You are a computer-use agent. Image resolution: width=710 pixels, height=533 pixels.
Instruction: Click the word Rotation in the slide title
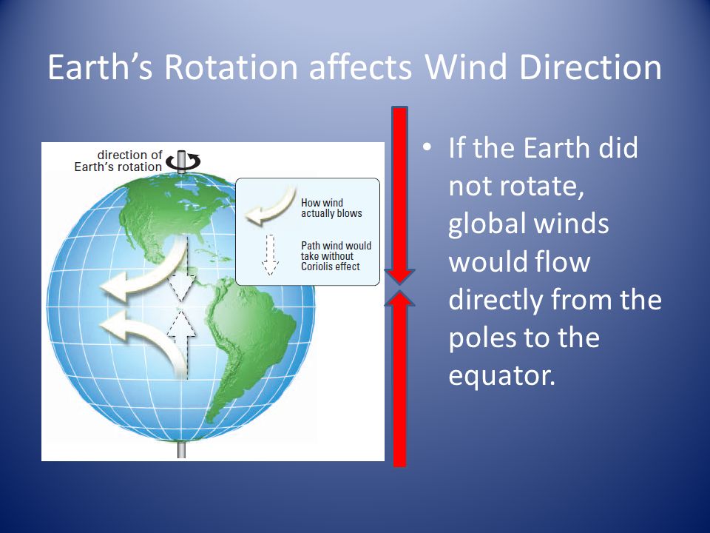231,67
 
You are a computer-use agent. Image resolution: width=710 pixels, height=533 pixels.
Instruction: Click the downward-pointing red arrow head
400,276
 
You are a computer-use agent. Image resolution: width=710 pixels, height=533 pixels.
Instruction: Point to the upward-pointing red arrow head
400,298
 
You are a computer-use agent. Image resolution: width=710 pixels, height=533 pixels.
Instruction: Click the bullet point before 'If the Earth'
426,148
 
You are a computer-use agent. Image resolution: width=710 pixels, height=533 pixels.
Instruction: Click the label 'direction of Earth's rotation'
118,161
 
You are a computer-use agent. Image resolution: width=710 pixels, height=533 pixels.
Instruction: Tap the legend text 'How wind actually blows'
331,208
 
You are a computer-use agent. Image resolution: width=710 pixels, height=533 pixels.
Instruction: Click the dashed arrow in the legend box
270,255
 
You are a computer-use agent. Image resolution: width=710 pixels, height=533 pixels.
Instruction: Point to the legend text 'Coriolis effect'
330,266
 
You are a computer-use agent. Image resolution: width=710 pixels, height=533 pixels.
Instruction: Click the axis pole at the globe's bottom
182,449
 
